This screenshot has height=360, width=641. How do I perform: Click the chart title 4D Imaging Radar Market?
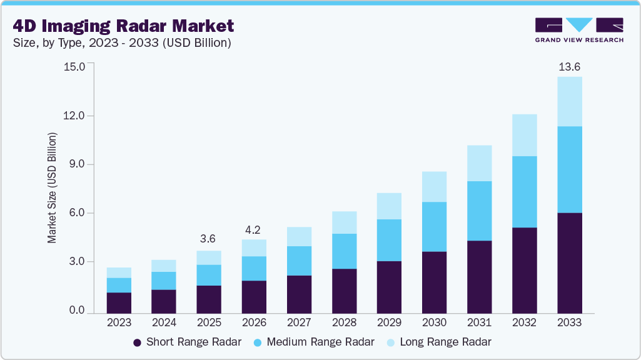(x=123, y=26)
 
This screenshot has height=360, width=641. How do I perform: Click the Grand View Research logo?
(x=578, y=30)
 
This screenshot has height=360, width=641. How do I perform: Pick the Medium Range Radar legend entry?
(x=314, y=342)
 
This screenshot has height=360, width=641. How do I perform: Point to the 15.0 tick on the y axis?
(x=74, y=66)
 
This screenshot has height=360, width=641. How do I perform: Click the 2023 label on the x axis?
(x=119, y=322)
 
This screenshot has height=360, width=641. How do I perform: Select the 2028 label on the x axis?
(x=344, y=322)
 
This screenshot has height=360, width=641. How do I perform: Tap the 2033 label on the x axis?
(x=569, y=322)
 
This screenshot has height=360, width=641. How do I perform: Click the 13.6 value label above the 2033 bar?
(x=569, y=67)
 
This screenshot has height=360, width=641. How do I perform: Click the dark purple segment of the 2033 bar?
(x=569, y=262)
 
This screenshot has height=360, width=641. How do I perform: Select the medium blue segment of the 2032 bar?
(x=524, y=192)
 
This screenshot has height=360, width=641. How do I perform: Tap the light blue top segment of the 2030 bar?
(x=434, y=186)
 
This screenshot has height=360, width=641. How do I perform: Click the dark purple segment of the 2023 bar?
(x=119, y=302)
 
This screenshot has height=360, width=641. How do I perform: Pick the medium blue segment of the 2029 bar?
(x=389, y=240)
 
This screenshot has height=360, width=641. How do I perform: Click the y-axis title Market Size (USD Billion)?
(x=53, y=187)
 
